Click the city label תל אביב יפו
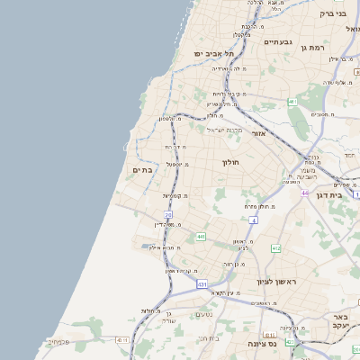click(213, 54)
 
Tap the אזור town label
click(256, 131)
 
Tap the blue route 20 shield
click(168, 215)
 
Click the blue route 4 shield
click(255, 220)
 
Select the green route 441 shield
click(201, 237)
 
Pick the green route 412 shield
click(275, 248)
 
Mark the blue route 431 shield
click(202, 283)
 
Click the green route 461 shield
click(292, 103)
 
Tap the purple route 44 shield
click(305, 193)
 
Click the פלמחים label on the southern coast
click(58, 342)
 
